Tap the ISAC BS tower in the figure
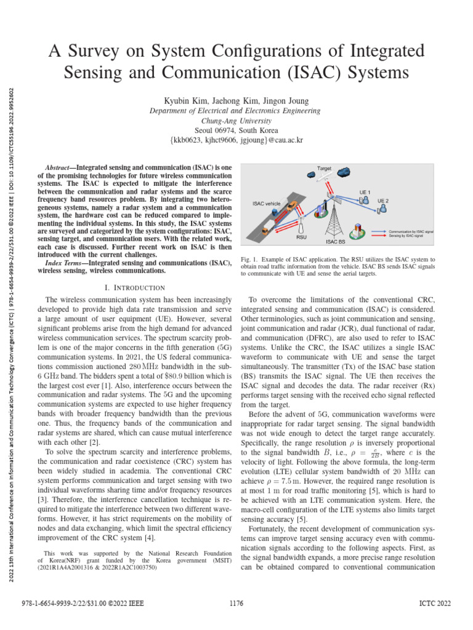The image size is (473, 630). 333,215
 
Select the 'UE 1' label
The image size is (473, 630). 365,193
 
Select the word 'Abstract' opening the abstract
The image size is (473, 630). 60,167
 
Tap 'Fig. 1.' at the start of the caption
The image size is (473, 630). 249,260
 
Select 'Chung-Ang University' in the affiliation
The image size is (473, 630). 236,121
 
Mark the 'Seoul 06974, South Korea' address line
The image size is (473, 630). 236,130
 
